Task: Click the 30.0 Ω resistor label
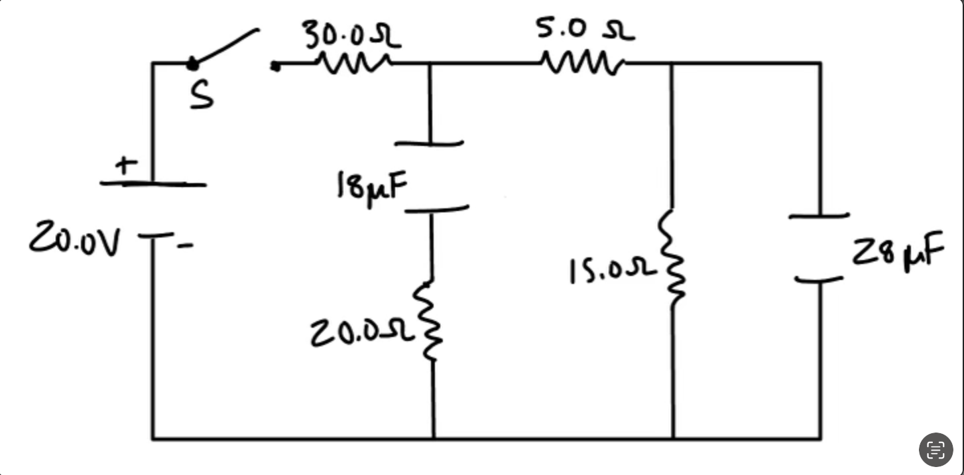tap(351, 35)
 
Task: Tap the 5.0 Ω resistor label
tap(585, 29)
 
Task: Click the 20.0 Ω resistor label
tap(362, 333)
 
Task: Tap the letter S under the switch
tap(202, 96)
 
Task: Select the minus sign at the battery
tap(186, 246)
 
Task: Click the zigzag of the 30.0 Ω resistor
tap(354, 64)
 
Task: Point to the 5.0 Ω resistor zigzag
tap(582, 64)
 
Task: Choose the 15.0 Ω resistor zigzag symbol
tap(672, 259)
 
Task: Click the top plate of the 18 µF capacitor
tap(429, 143)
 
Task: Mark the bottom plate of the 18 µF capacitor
tap(436, 210)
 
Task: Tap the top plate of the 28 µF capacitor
tap(819, 216)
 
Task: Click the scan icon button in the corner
tap(935, 449)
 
